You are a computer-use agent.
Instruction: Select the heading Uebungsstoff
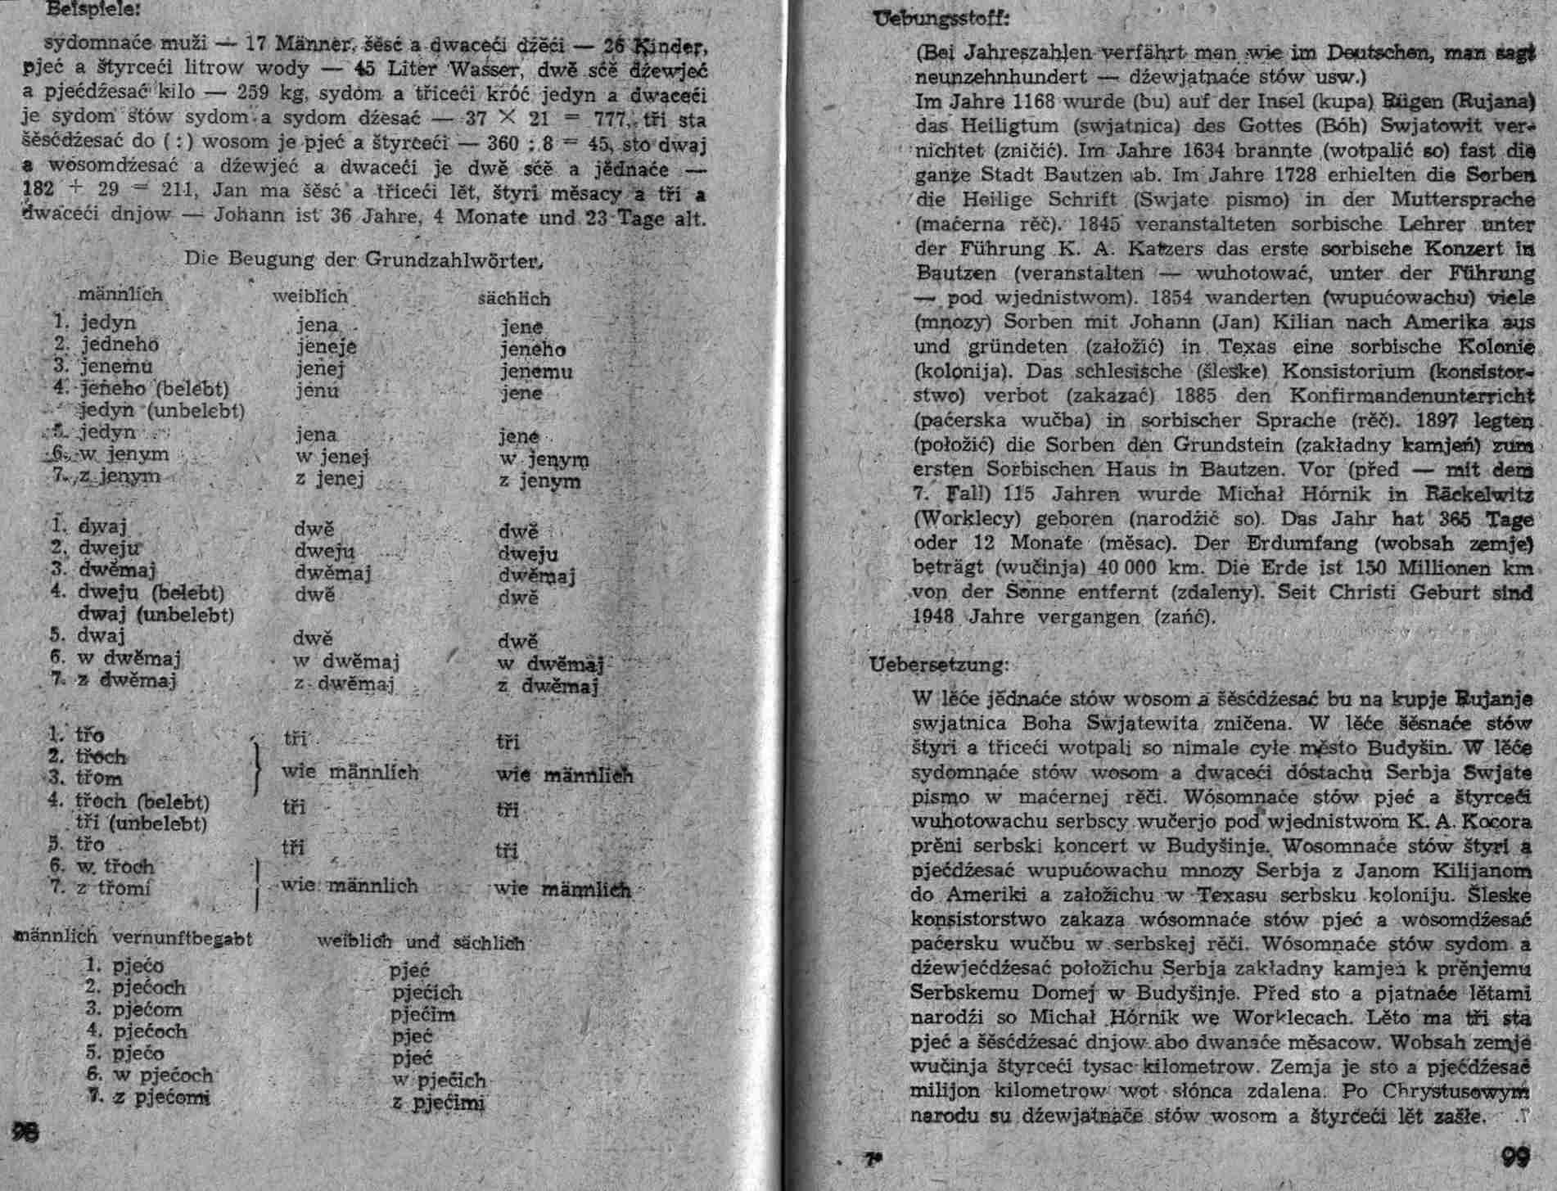tap(931, 17)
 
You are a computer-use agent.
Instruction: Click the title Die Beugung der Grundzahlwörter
tap(364, 259)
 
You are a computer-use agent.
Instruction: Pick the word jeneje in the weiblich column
tap(326, 346)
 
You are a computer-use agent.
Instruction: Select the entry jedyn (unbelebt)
tap(162, 409)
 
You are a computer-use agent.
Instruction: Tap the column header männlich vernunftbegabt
tap(133, 938)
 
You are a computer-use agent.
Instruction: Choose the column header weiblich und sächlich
tap(421, 943)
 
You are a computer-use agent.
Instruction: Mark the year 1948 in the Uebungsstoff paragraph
tap(935, 616)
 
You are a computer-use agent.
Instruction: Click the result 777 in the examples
tap(607, 120)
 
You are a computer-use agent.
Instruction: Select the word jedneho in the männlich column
tap(120, 345)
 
